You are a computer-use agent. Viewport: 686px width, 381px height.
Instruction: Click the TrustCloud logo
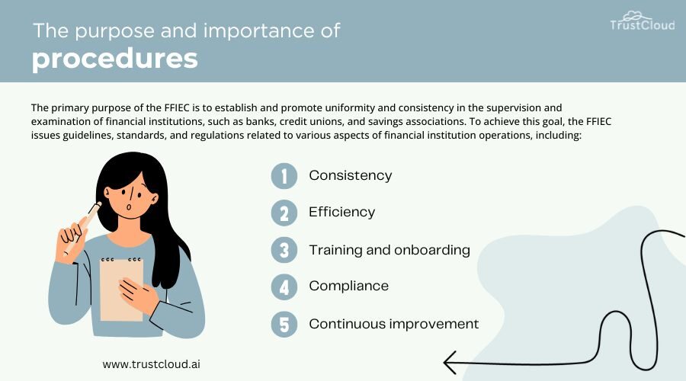[x=643, y=21]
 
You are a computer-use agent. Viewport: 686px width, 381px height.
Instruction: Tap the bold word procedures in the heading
[x=115, y=59]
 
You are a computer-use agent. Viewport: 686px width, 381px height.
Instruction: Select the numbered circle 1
[x=284, y=176]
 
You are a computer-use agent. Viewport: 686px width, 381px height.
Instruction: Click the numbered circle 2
[x=284, y=213]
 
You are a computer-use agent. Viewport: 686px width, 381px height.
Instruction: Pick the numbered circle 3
[x=284, y=250]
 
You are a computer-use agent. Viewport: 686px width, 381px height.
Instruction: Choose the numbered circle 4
[x=284, y=287]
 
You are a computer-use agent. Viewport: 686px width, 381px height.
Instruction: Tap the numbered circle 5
[x=284, y=324]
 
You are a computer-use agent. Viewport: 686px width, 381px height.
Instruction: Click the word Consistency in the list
[x=351, y=175]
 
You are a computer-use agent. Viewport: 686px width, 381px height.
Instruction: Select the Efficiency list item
[x=341, y=212]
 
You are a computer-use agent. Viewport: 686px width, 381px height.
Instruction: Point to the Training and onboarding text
[x=389, y=250]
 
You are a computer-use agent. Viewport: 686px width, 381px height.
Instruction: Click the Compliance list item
[x=348, y=286]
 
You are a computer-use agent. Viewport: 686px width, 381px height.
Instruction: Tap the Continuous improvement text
[x=394, y=324]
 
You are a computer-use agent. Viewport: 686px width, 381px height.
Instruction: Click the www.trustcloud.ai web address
[x=152, y=364]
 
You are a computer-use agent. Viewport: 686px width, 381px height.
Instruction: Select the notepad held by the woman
[x=121, y=289]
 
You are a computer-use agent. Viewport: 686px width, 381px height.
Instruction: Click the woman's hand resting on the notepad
[x=138, y=295]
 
